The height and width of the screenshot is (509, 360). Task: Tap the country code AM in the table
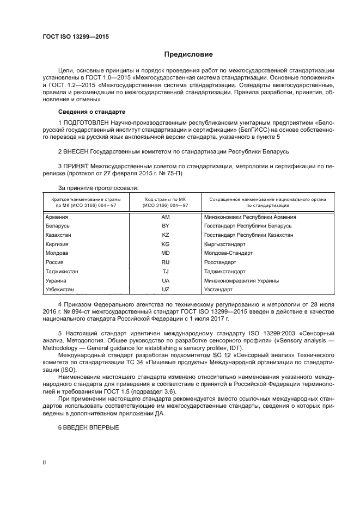pyautogui.click(x=166, y=217)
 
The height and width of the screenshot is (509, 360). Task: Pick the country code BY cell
pyautogui.click(x=166, y=225)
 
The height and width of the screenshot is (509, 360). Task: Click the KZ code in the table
pyautogui.click(x=166, y=235)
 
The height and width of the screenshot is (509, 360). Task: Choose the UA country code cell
pyautogui.click(x=166, y=280)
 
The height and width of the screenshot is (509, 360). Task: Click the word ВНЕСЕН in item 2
pyautogui.click(x=78, y=149)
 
